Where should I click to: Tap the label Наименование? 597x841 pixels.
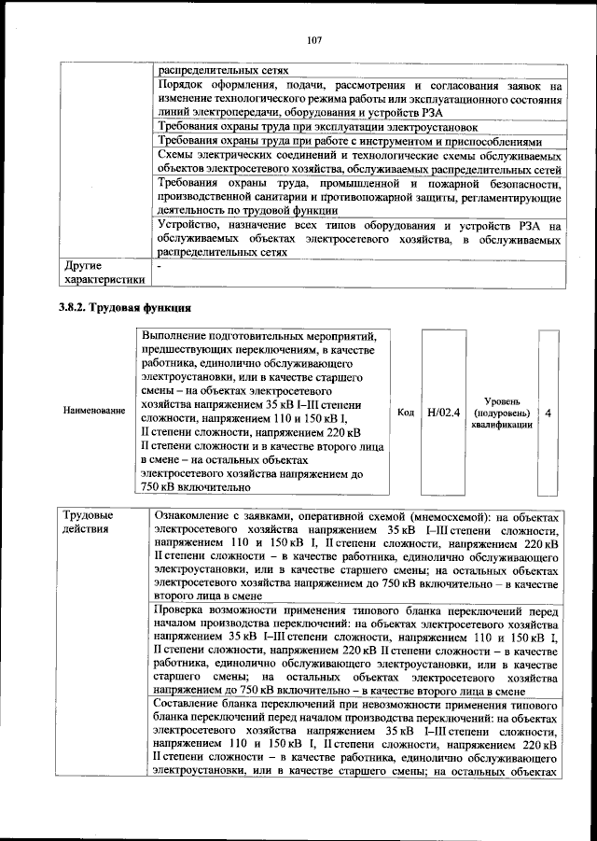click(94, 411)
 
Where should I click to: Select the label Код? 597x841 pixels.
click(406, 411)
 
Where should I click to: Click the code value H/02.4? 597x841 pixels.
click(443, 411)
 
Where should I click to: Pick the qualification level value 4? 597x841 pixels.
click(548, 411)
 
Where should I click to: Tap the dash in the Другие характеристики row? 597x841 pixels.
click(160, 266)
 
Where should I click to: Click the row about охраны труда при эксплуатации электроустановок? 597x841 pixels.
click(317, 126)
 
